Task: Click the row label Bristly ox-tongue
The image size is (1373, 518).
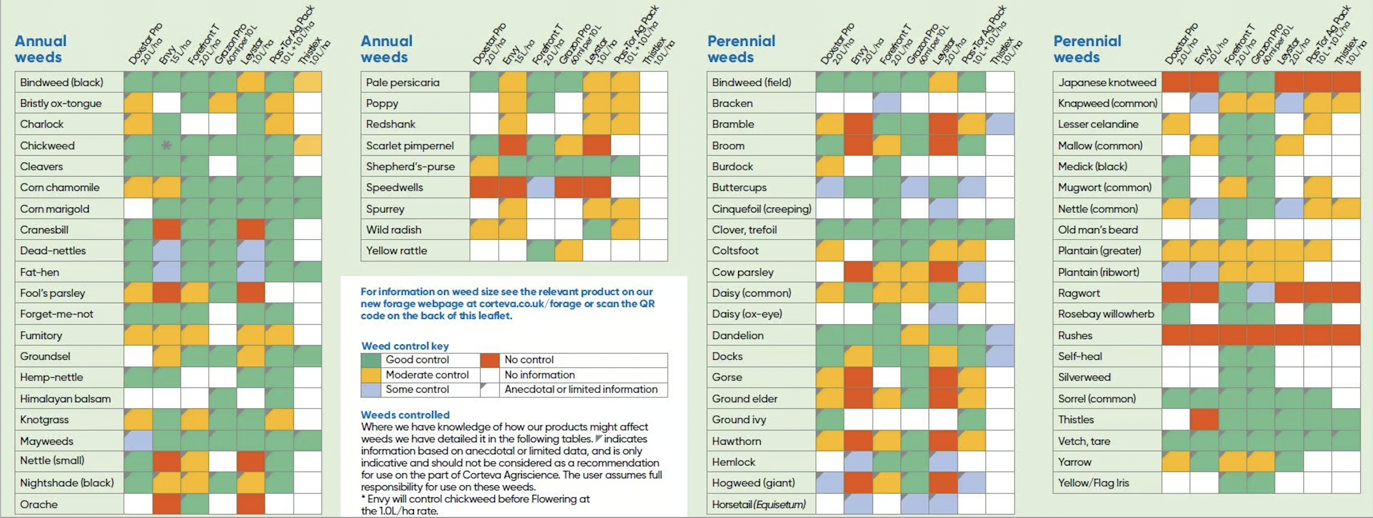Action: [61, 103]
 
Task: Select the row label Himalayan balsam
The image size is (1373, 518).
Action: [65, 398]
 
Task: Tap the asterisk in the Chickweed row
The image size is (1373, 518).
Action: [166, 145]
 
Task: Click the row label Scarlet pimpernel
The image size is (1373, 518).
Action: [409, 146]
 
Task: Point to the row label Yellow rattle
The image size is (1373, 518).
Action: [396, 250]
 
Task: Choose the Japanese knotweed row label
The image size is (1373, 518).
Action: [1107, 82]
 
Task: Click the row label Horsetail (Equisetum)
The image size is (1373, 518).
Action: [758, 504]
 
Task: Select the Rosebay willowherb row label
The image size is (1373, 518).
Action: [1105, 314]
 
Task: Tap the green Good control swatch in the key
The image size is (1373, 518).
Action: [371, 360]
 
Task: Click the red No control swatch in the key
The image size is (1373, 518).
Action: [489, 360]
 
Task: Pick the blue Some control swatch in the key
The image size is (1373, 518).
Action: [371, 390]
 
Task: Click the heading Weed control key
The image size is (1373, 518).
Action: [405, 346]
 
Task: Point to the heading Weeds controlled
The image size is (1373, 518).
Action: [405, 415]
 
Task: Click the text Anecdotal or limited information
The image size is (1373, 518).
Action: [580, 390]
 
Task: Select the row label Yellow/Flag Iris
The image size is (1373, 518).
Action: [1093, 483]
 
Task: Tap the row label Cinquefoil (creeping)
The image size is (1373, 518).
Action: [761, 209]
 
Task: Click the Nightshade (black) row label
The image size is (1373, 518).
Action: [67, 483]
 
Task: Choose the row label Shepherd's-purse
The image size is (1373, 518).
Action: [410, 166]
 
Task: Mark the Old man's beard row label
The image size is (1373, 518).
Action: [1098, 230]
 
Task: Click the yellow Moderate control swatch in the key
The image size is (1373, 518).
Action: [371, 375]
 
